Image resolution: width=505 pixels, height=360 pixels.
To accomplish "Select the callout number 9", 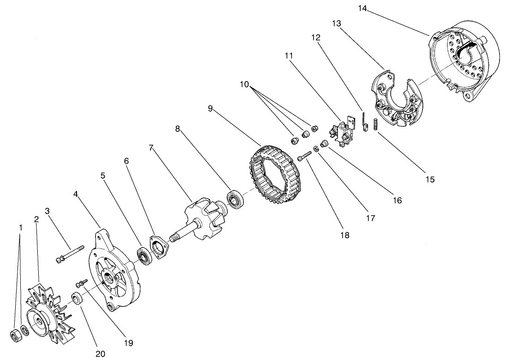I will [210, 109].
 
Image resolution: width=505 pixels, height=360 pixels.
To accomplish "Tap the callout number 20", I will [100, 354].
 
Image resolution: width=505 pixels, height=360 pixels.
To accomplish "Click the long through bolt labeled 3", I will [69, 254].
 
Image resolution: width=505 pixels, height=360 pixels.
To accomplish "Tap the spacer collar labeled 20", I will [78, 298].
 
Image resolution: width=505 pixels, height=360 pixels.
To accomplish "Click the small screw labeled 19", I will [83, 281].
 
